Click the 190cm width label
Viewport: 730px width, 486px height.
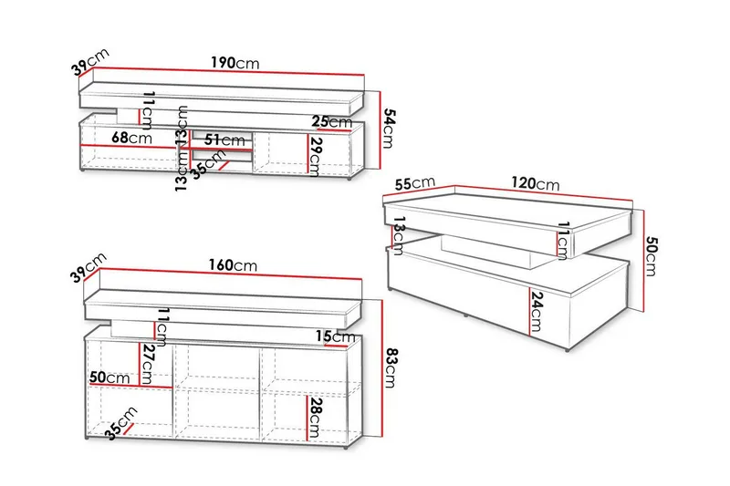pos(235,63)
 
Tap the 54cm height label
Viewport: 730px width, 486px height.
pos(388,129)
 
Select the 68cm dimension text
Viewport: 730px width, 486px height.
pos(131,138)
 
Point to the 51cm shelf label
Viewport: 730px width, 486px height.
pos(224,140)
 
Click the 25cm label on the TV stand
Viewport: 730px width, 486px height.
pos(332,122)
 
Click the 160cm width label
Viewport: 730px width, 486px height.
pos(233,265)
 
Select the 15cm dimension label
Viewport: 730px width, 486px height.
pos(335,336)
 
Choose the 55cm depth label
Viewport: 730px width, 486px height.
pos(415,182)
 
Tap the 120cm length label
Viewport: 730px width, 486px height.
pos(536,183)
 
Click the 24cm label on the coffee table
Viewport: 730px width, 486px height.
pos(537,312)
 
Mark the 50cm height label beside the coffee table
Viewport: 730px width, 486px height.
pos(652,256)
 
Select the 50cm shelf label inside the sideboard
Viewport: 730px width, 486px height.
pos(109,377)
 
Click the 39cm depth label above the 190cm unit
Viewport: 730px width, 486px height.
pos(90,61)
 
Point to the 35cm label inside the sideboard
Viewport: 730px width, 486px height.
pos(121,423)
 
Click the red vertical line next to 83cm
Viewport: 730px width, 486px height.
pos(381,368)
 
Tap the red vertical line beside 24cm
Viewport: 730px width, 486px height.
pos(530,312)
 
